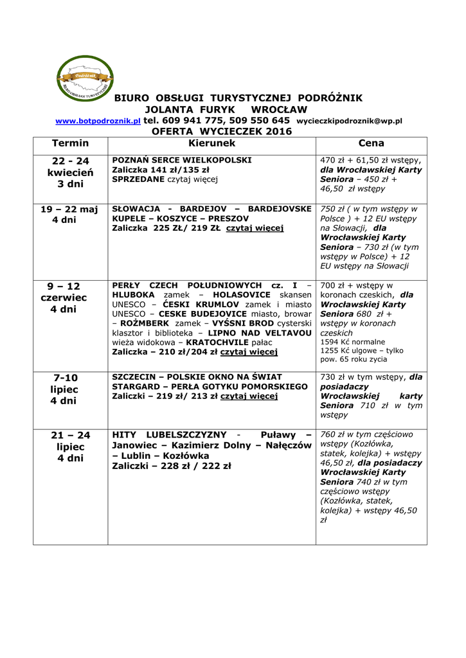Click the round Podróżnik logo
point(86,79)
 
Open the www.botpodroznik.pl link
point(98,121)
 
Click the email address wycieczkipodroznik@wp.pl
point(349,121)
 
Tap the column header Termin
point(71,143)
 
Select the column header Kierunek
point(211,143)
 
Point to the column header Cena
point(371,143)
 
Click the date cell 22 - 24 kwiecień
point(71,172)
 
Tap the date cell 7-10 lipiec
point(64,389)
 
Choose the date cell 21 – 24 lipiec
point(71,447)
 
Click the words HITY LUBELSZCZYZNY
point(165,435)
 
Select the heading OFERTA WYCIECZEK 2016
point(221,131)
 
